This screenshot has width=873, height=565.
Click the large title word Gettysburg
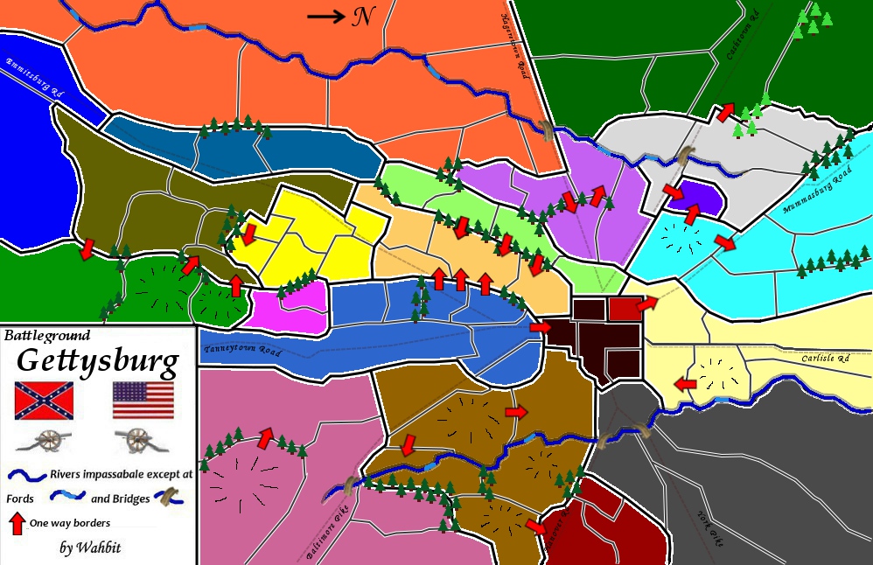pos(98,359)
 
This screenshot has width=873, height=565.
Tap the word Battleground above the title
pos(47,334)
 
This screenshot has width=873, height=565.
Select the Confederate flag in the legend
pos(44,401)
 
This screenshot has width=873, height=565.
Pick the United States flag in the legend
pos(143,401)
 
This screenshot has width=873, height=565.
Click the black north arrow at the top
pos(325,15)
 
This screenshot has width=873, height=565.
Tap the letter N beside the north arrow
pos(360,16)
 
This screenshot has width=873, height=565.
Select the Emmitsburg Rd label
pos(37,76)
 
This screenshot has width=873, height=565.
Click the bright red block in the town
pos(625,307)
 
